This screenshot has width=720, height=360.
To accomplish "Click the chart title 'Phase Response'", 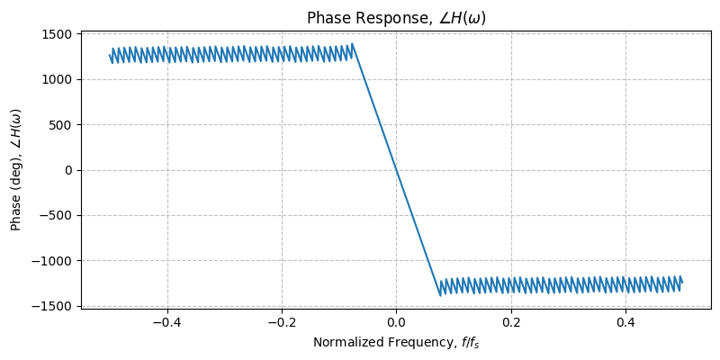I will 396,18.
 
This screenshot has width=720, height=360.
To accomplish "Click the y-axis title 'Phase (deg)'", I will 16,170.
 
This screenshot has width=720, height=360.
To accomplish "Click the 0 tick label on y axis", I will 68,170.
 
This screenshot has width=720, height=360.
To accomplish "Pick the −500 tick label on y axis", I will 56,215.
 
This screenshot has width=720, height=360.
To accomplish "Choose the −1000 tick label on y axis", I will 50,260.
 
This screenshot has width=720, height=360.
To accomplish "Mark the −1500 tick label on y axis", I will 50,306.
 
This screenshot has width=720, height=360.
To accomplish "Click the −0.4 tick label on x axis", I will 166,321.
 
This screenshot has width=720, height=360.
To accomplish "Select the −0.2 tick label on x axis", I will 281,321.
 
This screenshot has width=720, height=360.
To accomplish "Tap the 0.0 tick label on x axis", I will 396,321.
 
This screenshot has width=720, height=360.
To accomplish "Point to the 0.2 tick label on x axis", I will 511,321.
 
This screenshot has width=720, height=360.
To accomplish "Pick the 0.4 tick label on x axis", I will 625,321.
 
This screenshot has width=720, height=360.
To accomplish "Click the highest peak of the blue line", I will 352,44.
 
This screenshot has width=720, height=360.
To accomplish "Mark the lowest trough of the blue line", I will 440,295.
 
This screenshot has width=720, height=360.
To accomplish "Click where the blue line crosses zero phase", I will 396,170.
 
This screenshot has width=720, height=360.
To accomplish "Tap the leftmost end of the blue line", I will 110,56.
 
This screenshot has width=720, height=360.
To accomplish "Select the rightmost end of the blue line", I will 682,283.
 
